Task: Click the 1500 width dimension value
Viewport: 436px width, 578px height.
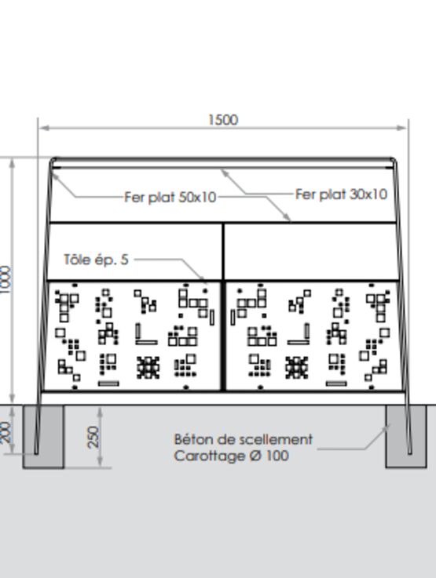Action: pyautogui.click(x=223, y=120)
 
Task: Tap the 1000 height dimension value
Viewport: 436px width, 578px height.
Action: pyautogui.click(x=6, y=280)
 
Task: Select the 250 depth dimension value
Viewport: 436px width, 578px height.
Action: pyautogui.click(x=93, y=437)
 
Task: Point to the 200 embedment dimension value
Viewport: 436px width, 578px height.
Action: pyautogui.click(x=6, y=433)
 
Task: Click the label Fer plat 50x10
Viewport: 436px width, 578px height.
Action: pyautogui.click(x=170, y=197)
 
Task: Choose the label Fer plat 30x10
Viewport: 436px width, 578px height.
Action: pyautogui.click(x=341, y=194)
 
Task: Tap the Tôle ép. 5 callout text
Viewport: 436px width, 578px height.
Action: pyautogui.click(x=96, y=260)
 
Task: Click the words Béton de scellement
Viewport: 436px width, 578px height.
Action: pyautogui.click(x=244, y=439)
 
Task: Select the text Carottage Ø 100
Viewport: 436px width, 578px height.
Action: pyautogui.click(x=231, y=456)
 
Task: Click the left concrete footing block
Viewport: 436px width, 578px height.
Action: pyautogui.click(x=43, y=437)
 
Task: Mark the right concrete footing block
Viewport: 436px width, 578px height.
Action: pyautogui.click(x=406, y=437)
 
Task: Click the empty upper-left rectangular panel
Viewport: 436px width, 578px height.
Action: pyautogui.click(x=135, y=252)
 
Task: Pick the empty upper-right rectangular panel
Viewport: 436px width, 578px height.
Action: pyautogui.click(x=311, y=252)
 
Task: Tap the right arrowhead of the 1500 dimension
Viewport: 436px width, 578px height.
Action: pyautogui.click(x=402, y=128)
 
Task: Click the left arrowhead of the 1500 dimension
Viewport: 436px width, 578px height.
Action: pyautogui.click(x=44, y=128)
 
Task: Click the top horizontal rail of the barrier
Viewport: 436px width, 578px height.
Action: pyautogui.click(x=222, y=160)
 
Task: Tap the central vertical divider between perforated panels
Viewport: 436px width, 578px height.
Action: pyautogui.click(x=223, y=336)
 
